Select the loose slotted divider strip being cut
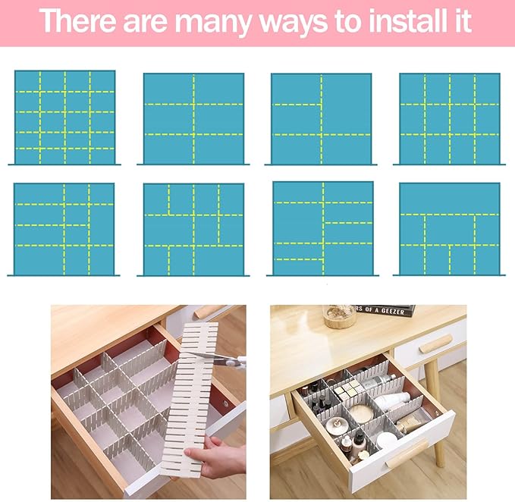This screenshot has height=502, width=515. (190, 394)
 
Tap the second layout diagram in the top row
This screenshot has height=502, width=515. (193, 117)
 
